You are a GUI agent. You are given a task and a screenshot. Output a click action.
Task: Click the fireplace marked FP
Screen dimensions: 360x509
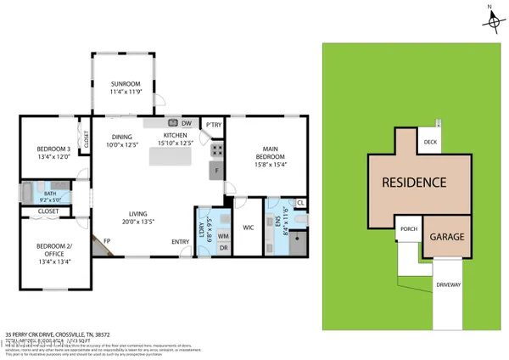click(107, 242)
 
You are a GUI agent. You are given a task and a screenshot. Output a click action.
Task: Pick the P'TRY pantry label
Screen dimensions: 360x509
click(213, 127)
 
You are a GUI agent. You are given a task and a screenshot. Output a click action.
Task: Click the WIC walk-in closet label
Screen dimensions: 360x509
click(249, 228)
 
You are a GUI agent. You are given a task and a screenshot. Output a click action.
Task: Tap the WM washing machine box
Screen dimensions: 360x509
click(224, 235)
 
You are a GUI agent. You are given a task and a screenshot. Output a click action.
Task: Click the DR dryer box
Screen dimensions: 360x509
click(224, 247)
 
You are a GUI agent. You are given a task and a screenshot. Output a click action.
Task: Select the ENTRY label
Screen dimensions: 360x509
click(181, 242)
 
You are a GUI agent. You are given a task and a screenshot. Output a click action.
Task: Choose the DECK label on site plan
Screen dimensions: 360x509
click(430, 143)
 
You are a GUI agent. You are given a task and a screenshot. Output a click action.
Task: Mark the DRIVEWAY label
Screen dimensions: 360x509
click(448, 285)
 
